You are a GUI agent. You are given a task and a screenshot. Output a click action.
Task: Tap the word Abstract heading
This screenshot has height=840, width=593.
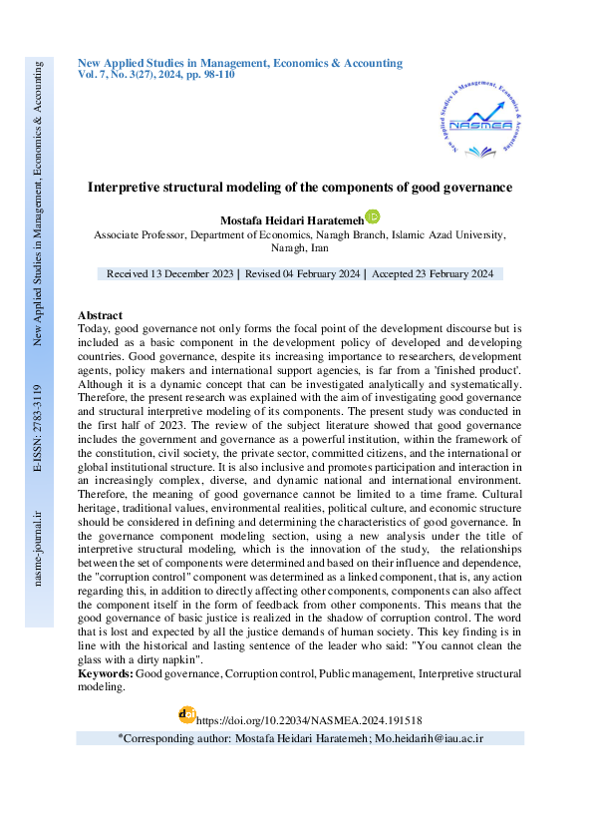[x=100, y=315]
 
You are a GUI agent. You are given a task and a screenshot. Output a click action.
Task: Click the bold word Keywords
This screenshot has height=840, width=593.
[x=105, y=674]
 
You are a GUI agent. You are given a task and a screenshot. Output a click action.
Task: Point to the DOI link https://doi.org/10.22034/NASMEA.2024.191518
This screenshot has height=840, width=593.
[x=309, y=718]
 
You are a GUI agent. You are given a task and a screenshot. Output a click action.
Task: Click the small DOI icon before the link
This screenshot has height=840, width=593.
[x=186, y=714]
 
